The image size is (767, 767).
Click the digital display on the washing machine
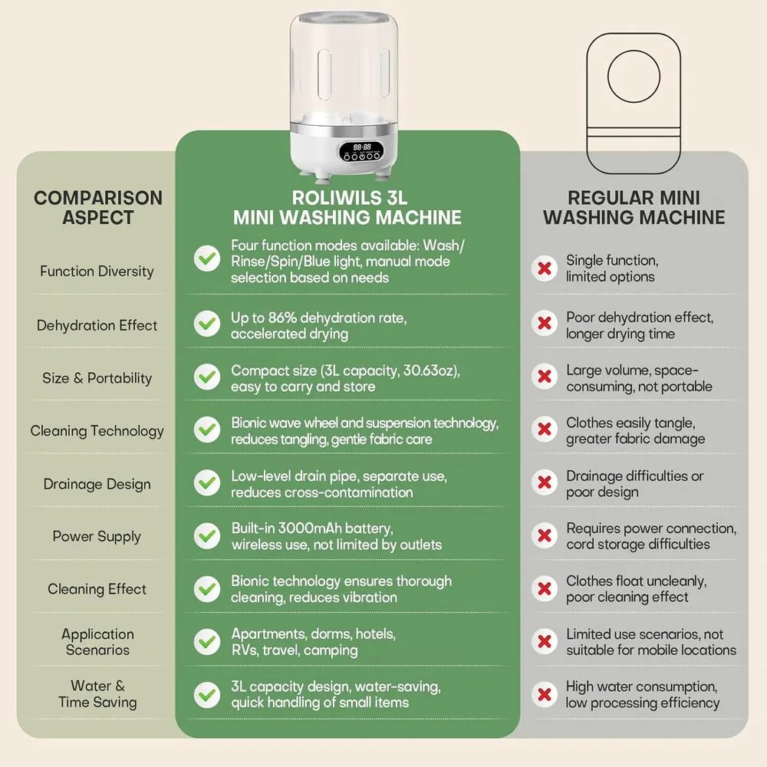362,147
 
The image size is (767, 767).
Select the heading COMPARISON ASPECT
98,207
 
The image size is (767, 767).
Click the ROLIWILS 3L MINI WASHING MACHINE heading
347,207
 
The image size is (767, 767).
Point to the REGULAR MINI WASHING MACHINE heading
634,207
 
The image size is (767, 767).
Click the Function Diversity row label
97,271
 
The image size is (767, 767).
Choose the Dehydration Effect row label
97,325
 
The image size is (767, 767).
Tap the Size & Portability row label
97,378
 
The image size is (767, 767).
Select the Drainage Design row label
97,484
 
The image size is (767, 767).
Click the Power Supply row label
97,537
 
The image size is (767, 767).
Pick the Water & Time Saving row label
97,694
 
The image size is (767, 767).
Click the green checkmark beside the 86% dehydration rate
207,324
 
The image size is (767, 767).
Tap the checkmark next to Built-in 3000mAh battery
207,535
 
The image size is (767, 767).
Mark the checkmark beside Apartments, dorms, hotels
207,641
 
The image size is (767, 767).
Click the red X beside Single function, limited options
545,268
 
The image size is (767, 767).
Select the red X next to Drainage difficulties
545,482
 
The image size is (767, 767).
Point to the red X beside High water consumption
545,694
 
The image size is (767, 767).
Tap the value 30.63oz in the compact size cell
430,370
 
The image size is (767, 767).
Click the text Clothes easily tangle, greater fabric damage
635,430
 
